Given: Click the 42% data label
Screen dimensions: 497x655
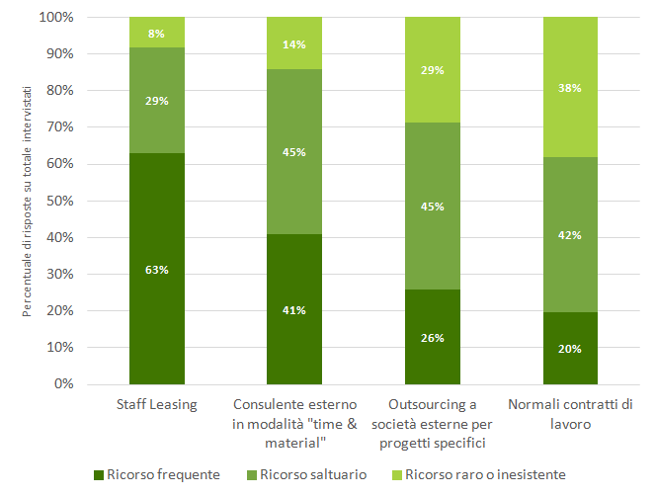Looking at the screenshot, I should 570,235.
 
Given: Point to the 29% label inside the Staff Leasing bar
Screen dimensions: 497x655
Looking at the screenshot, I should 157,101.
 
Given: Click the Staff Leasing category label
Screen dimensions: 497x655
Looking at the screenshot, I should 157,405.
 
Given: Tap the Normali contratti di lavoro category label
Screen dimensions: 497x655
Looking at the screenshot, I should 570,413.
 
